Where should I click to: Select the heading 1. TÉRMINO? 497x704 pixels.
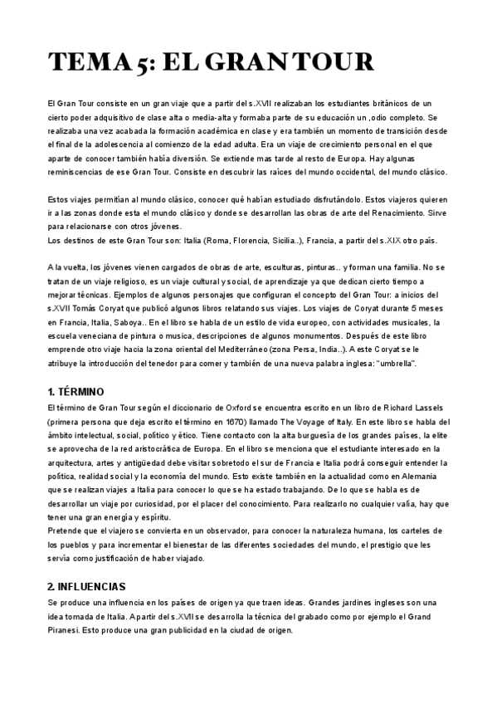coord(80,390)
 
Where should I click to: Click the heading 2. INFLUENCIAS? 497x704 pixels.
coord(86,585)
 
